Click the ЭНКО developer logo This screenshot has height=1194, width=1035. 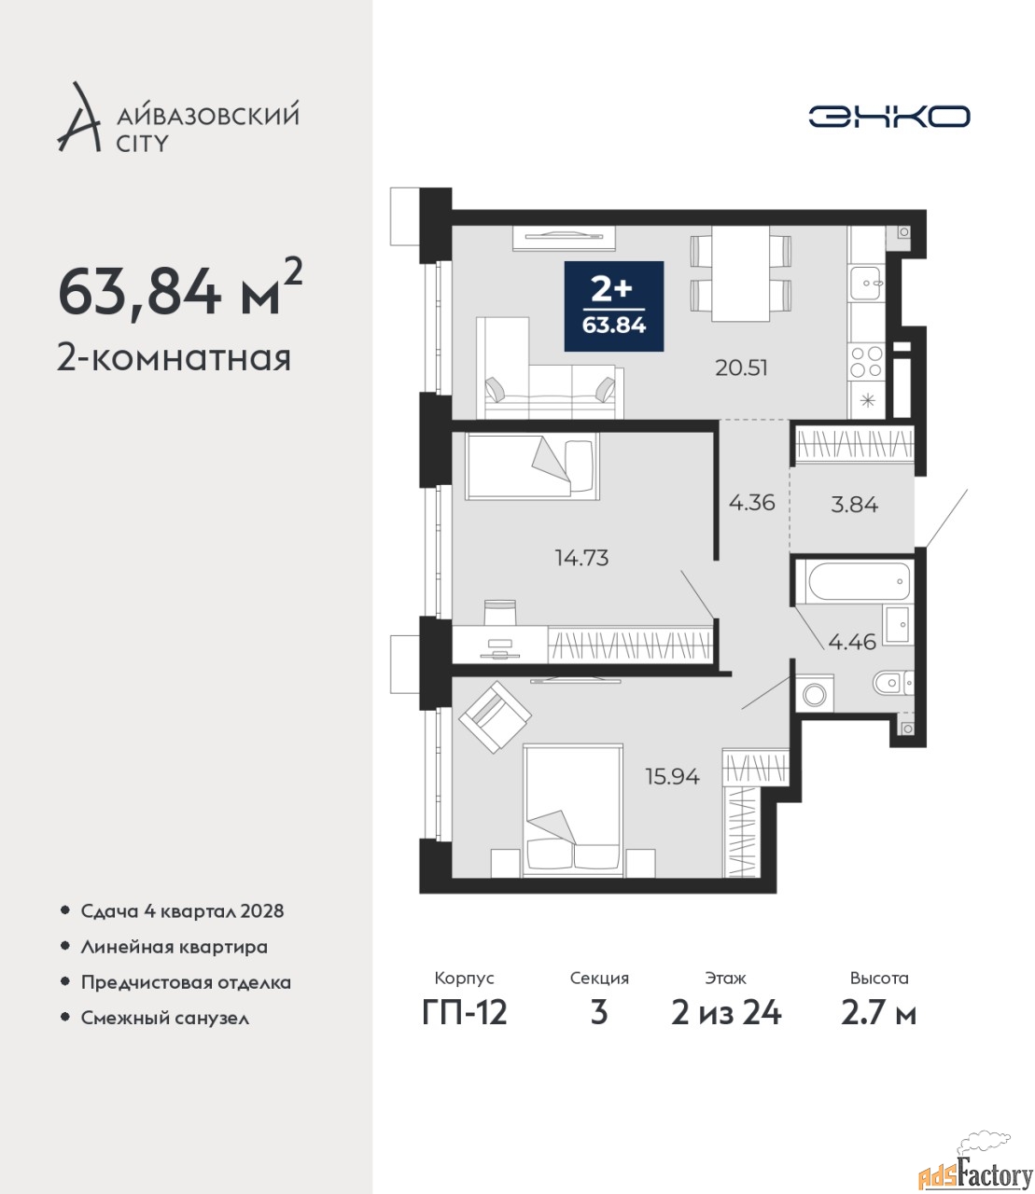[888, 116]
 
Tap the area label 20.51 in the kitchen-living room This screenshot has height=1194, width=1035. [741, 368]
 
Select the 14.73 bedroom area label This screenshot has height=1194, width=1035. [582, 558]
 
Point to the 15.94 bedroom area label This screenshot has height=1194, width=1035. [673, 777]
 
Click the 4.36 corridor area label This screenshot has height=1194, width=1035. [752, 503]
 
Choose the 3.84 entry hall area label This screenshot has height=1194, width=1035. [855, 505]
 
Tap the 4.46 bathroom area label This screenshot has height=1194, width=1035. [852, 641]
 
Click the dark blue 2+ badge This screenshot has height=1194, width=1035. [614, 306]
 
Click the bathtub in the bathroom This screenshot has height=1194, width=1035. [859, 580]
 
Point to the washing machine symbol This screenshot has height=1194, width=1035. [814, 693]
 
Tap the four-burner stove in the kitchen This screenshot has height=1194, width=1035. [867, 362]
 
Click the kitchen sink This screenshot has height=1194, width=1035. [867, 283]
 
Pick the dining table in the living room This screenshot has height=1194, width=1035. [741, 273]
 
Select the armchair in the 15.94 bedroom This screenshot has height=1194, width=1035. [495, 716]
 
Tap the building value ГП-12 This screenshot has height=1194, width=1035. [465, 1013]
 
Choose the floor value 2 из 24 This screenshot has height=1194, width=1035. [726, 1013]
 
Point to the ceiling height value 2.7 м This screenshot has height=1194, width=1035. [878, 1013]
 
